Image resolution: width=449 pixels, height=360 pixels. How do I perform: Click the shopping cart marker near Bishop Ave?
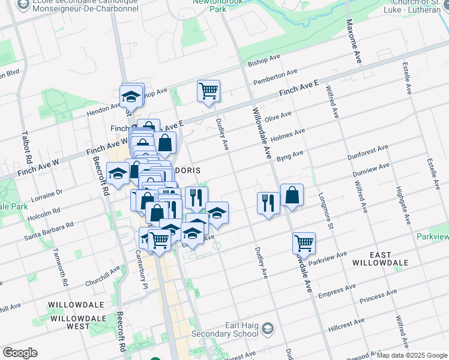208,91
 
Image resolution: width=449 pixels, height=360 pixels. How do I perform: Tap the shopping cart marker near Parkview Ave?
304,244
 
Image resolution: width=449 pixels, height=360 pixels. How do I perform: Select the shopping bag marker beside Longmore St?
292,195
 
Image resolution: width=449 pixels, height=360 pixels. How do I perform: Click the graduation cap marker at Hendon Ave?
131,95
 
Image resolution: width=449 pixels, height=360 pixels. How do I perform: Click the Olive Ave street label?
277,116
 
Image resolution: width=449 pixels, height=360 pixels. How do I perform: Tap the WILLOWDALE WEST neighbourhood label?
79,322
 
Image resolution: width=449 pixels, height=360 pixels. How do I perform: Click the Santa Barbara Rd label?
49,231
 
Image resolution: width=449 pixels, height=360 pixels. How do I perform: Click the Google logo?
20,353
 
